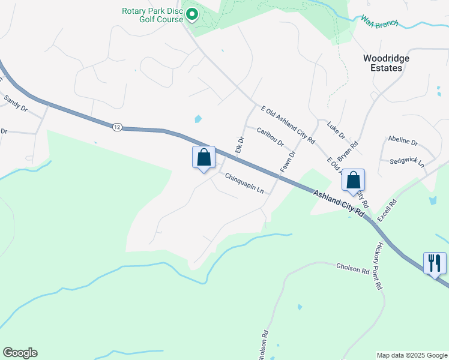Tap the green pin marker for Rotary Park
[x=192, y=13]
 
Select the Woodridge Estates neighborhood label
[x=383, y=63]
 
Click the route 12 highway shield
[x=116, y=127]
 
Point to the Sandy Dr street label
[x=16, y=103]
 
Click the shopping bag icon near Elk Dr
[x=204, y=158]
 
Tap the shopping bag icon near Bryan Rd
[x=354, y=181]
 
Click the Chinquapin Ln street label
[x=244, y=183]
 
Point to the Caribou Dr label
[x=270, y=139]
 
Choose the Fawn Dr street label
[x=289, y=161]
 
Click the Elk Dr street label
[x=240, y=144]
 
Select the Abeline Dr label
[x=403, y=141]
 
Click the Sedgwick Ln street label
[x=407, y=163]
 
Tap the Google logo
[x=20, y=353]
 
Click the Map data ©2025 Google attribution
[x=412, y=355]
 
